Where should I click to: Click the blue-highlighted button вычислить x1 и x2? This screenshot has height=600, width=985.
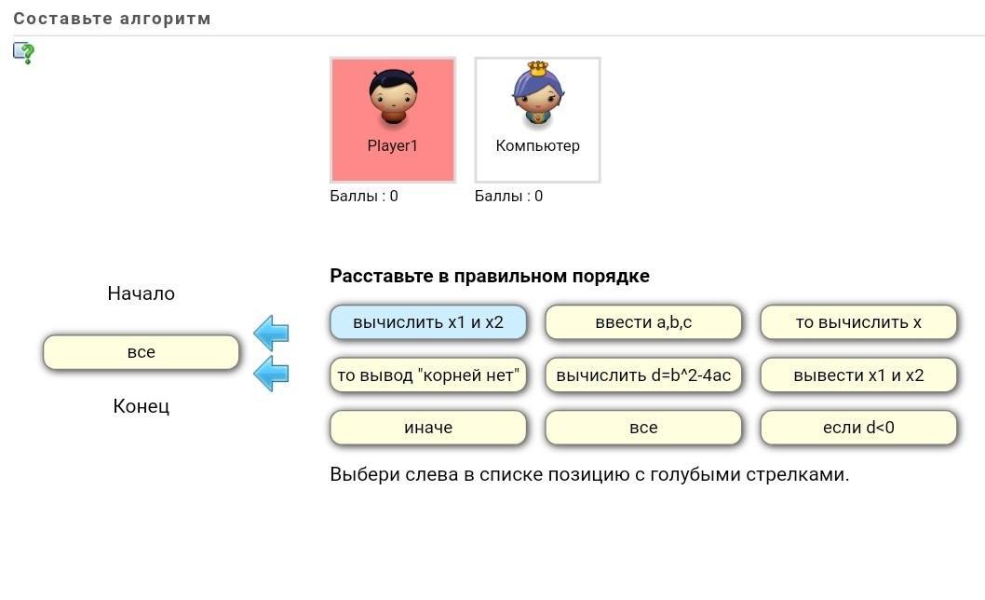pos(428,322)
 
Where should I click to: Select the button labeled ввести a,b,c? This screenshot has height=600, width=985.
pos(643,322)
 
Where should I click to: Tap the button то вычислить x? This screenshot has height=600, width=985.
pos(858,322)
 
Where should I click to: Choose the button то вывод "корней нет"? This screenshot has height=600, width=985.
pos(428,375)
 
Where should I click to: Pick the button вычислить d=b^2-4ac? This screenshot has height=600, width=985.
pos(643,375)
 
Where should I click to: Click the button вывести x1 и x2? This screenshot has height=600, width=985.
pos(858,375)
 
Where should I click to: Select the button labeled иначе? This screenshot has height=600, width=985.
pos(428,428)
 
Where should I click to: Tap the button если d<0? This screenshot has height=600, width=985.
pos(858,428)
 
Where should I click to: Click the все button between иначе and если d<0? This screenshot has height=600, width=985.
pos(643,428)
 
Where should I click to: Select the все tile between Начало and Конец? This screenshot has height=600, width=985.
pos(142,352)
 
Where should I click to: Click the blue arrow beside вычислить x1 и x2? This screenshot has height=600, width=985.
pos(272,332)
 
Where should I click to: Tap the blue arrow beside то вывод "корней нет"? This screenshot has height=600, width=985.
pos(272,373)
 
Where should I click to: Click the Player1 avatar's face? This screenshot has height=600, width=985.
pos(393,92)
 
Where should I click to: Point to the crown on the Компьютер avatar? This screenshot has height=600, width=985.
pos(537,68)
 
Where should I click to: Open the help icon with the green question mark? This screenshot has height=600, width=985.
pos(24,52)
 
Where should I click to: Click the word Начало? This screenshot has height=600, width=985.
pos(142,293)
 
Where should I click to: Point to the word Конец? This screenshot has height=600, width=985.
pos(142,406)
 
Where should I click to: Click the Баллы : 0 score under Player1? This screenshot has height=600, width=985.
pos(364,196)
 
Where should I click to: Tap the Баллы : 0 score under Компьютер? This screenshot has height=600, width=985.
pos(508,196)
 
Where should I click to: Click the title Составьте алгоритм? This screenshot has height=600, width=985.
pos(113,19)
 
